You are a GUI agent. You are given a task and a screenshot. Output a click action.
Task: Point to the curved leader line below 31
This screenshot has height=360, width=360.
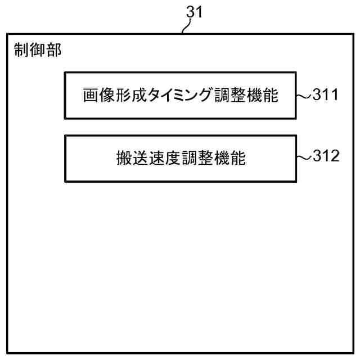[188, 26]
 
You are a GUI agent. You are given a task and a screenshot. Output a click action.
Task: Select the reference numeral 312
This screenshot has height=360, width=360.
[326, 156]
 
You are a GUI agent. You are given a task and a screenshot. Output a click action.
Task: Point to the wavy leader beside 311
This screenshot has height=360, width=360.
[304, 96]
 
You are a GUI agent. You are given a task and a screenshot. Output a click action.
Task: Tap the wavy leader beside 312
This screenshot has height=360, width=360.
[304, 157]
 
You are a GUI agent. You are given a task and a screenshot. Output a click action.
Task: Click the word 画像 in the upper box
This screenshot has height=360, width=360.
[99, 96]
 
